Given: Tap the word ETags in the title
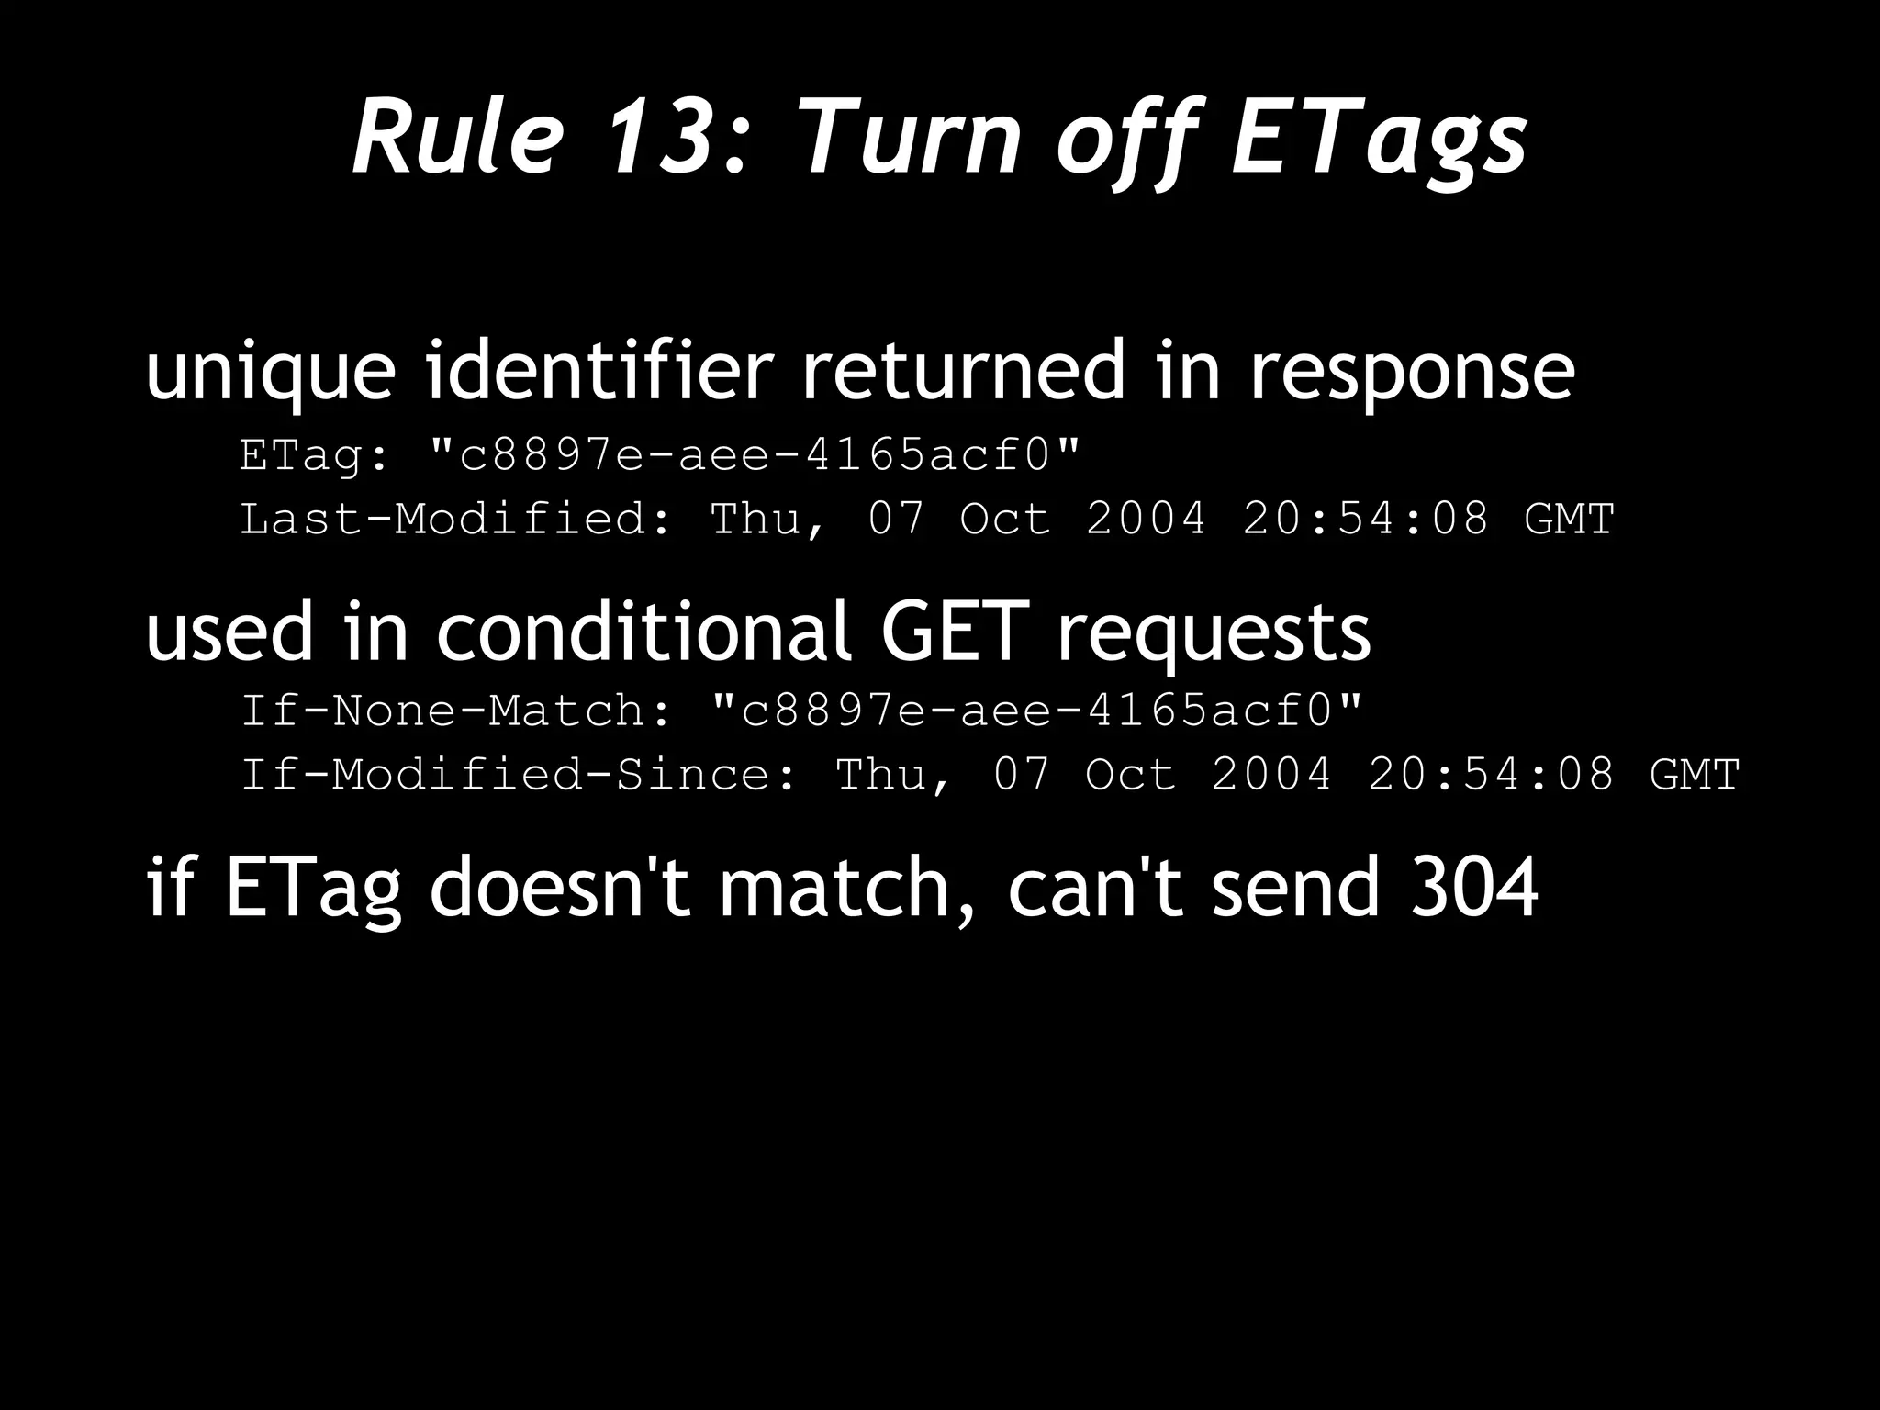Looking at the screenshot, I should click(1379, 138).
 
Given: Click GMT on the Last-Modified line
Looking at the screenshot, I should click(1569, 519).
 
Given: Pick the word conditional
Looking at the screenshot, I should click(643, 631).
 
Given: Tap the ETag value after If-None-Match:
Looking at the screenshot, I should click(1037, 710).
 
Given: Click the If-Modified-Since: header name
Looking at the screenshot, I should click(519, 774).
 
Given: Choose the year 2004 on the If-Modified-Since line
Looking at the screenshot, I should click(1271, 774).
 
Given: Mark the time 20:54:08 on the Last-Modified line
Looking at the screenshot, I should click(1366, 519).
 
